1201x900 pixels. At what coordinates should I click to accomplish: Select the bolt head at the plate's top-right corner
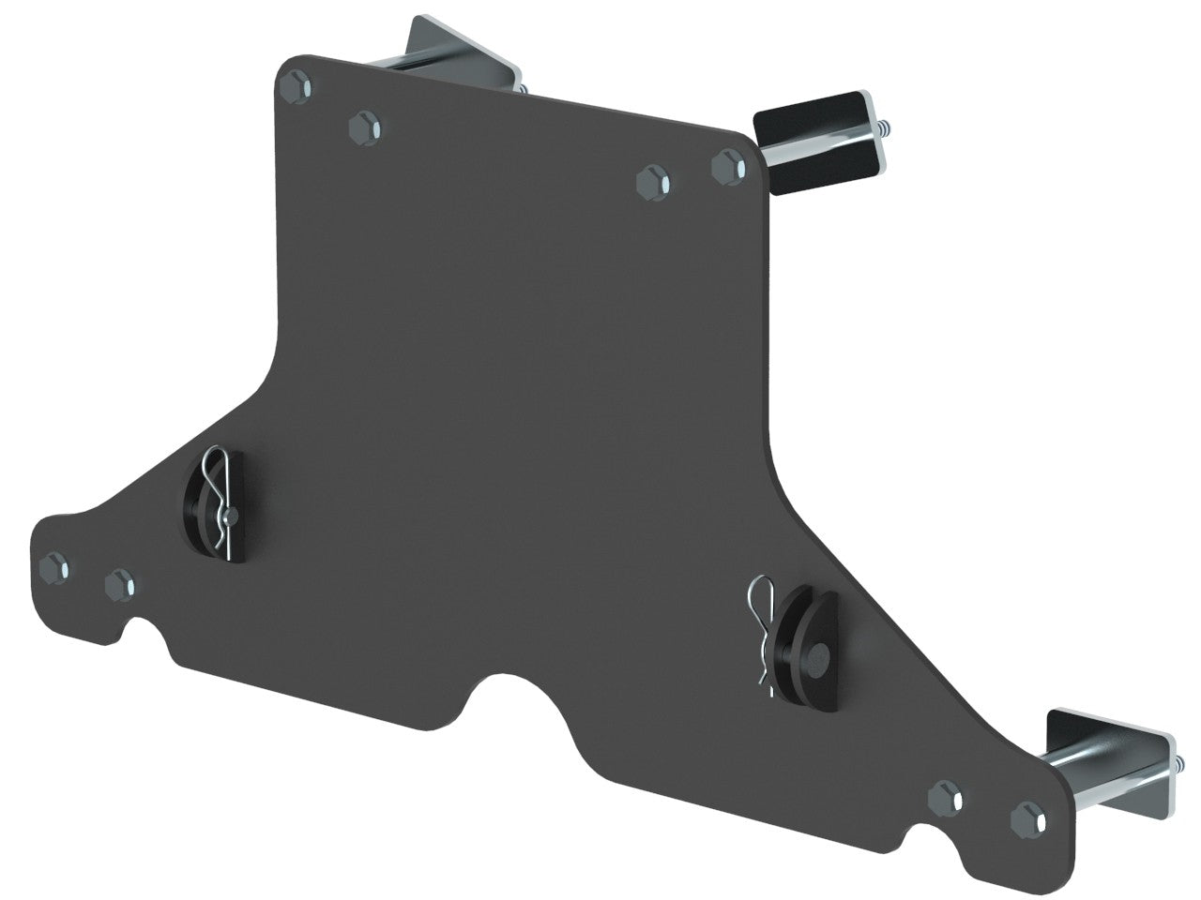pos(728,167)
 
